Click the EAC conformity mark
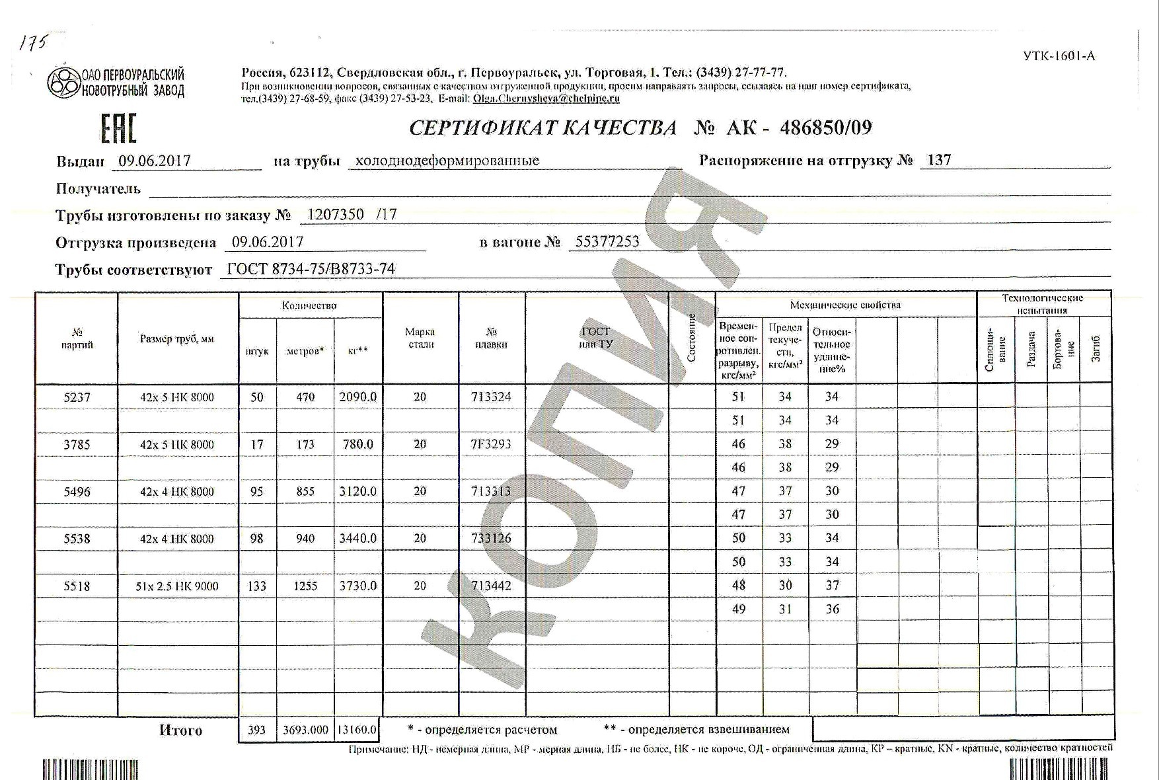point(118,128)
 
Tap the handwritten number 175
point(33,44)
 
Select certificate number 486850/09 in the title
point(825,128)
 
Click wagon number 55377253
point(607,242)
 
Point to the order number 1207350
point(336,214)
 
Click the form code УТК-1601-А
point(1059,56)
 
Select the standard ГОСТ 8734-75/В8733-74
point(311,269)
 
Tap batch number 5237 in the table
point(77,397)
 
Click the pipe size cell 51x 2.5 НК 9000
point(177,586)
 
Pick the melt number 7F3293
point(491,444)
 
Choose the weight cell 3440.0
point(357,539)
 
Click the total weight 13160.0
point(357,730)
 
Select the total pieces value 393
point(256,730)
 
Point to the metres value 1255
point(305,586)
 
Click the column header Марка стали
point(420,338)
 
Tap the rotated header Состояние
point(692,338)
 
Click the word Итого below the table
point(180,730)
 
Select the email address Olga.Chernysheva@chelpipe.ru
point(546,98)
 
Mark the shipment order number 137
point(939,160)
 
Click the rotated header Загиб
point(1096,348)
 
